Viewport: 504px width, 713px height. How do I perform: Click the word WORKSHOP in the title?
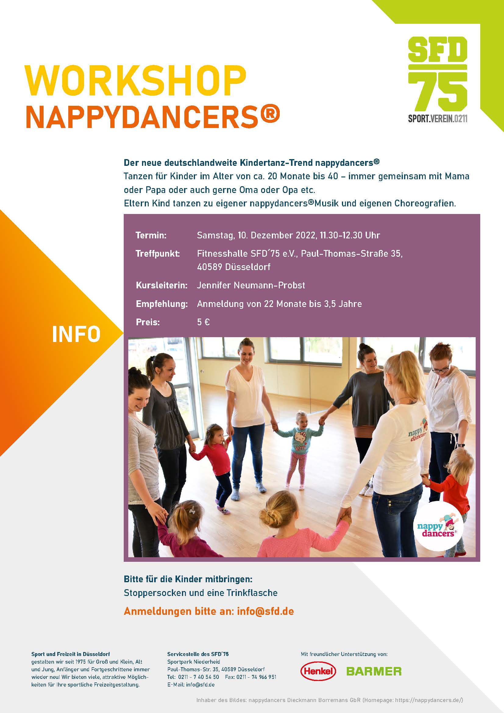click(136, 81)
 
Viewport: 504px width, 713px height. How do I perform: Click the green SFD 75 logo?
click(438, 80)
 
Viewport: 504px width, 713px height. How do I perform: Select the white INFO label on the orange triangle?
click(76, 334)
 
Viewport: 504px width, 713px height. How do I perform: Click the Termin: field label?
click(151, 235)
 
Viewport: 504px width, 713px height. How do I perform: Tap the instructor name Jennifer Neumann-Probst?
click(251, 285)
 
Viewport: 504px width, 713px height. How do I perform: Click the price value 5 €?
click(203, 322)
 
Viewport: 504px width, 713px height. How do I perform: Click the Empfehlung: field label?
click(162, 304)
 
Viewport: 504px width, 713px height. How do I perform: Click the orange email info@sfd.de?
click(265, 611)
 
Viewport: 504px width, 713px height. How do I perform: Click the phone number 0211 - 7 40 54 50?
click(199, 677)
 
